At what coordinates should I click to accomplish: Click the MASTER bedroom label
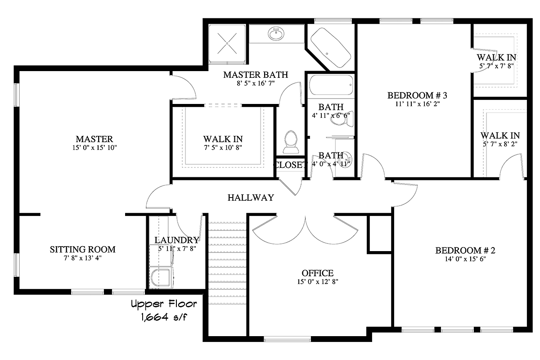(x=94, y=139)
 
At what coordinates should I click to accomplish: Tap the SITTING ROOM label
(x=82, y=249)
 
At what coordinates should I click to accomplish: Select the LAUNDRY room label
(x=176, y=240)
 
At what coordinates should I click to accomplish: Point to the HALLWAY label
(x=251, y=198)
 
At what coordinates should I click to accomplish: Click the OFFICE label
(x=317, y=273)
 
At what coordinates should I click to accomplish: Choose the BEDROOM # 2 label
(x=465, y=251)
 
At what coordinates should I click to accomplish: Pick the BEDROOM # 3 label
(x=417, y=95)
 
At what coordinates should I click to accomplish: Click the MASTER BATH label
(x=255, y=75)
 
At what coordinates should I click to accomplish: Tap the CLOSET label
(x=290, y=165)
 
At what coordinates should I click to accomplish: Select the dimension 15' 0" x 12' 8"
(x=317, y=282)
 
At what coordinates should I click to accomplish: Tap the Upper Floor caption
(x=163, y=305)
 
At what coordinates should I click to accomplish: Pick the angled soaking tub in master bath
(x=331, y=47)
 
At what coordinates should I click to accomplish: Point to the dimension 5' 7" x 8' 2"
(x=500, y=144)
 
